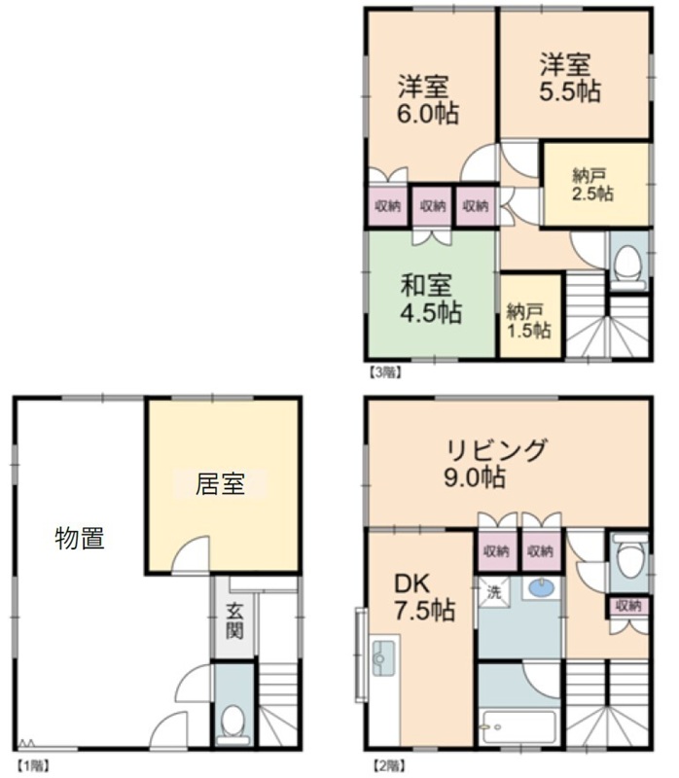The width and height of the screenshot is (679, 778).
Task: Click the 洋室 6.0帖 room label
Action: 428,100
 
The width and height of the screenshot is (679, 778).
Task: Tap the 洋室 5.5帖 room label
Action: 570,78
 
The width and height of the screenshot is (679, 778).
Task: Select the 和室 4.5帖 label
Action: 431,299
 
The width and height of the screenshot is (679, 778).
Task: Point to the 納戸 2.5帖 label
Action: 592,185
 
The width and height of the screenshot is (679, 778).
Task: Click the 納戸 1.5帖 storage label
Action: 528,322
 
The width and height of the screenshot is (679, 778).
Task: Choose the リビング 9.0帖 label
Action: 496,463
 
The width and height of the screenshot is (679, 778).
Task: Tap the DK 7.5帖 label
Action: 424,597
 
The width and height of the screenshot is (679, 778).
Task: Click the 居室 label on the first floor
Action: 220,483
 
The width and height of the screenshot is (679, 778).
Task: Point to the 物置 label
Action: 80,539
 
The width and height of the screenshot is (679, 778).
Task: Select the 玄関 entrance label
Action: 234,620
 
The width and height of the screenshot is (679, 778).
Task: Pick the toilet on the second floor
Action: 630,556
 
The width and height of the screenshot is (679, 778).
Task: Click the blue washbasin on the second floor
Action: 543,588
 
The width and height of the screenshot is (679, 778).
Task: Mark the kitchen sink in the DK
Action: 383,658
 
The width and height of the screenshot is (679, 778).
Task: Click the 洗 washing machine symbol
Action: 493,592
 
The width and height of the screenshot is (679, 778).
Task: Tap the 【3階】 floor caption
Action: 384,372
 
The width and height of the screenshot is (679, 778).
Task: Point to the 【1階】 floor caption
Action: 33,766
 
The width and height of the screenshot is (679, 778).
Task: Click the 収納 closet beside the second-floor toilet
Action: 628,605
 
